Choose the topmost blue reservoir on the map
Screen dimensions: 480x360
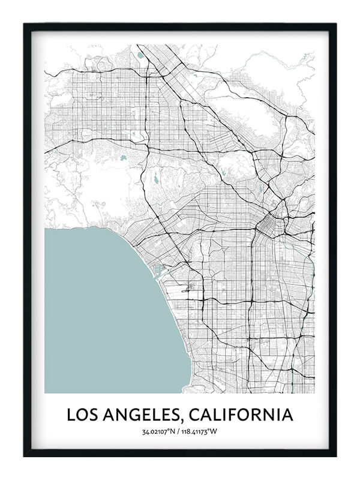pos(140,55)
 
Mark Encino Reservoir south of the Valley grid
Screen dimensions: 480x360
pos(123,158)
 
